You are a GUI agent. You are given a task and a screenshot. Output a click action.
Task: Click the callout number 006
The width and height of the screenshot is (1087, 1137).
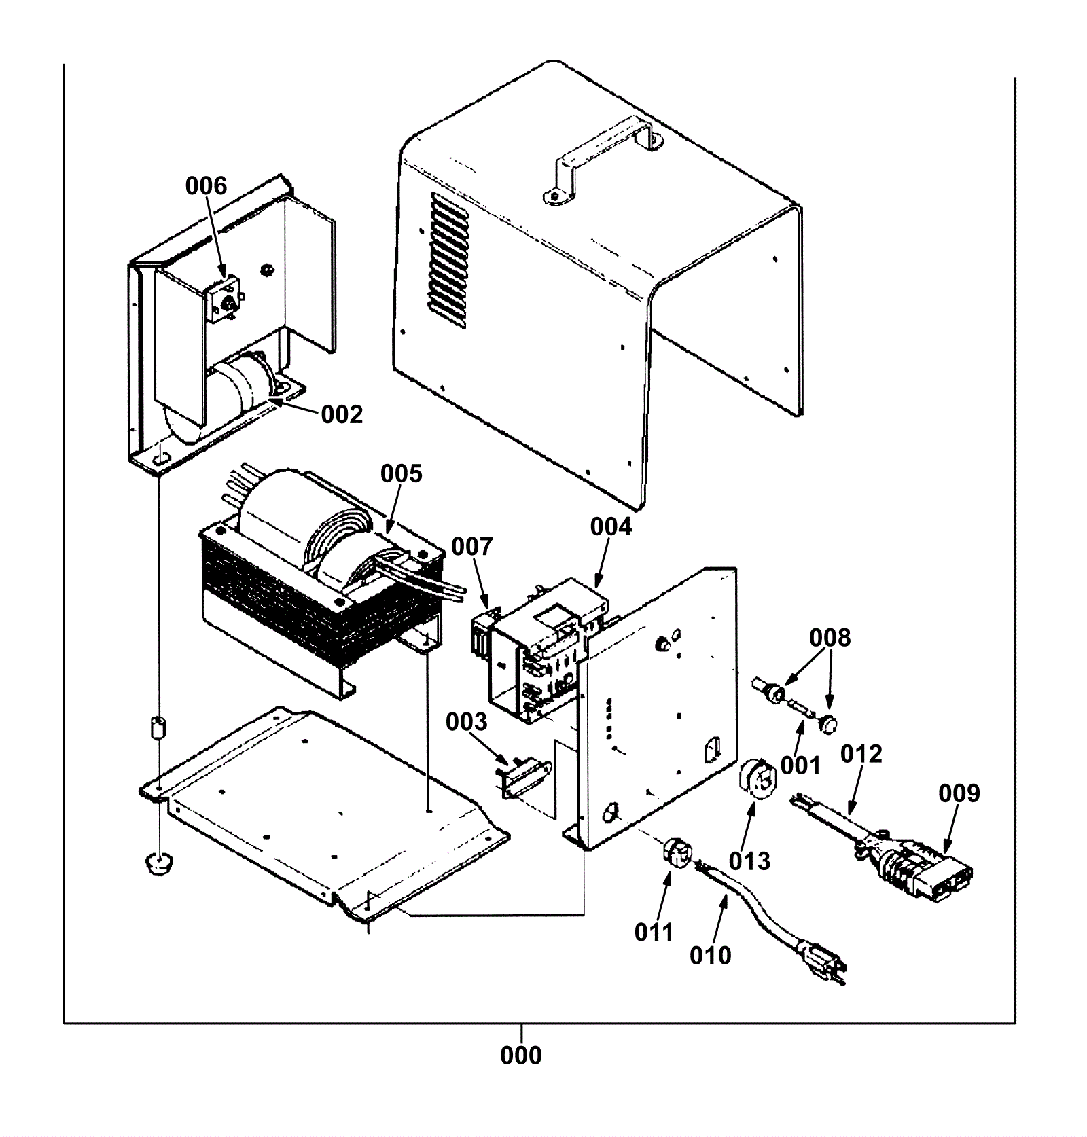click(x=207, y=185)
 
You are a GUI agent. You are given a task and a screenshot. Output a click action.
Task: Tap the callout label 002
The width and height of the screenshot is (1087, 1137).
click(x=342, y=414)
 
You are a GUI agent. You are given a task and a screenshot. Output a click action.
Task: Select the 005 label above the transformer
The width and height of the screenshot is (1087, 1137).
click(x=401, y=473)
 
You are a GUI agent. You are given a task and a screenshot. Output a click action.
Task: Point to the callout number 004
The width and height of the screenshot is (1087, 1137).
click(x=611, y=526)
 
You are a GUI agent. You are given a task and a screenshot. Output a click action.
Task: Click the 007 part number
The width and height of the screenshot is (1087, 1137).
click(x=472, y=546)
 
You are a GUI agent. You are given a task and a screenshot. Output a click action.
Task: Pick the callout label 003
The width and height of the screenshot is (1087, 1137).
click(x=467, y=722)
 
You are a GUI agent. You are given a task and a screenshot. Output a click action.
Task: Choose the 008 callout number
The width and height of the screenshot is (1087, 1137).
click(x=830, y=638)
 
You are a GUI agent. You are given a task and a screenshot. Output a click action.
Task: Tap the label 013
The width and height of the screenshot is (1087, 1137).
click(x=750, y=861)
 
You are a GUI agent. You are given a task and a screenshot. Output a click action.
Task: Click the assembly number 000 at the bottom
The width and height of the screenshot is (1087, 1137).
click(x=521, y=1055)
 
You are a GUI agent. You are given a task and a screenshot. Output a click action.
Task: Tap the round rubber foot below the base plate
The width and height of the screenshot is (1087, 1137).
click(x=159, y=865)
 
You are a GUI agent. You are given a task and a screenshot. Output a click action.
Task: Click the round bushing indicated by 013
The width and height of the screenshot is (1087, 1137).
click(x=756, y=776)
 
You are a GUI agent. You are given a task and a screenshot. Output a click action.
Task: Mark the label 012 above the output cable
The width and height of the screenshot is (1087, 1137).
click(x=861, y=754)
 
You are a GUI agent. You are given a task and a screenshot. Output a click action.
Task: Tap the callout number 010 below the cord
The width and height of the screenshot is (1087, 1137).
click(x=711, y=956)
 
